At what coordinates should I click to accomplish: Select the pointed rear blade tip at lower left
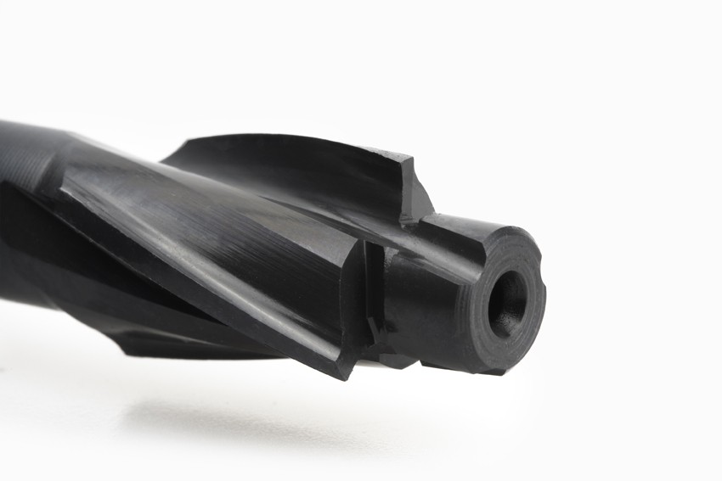click(127, 348)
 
